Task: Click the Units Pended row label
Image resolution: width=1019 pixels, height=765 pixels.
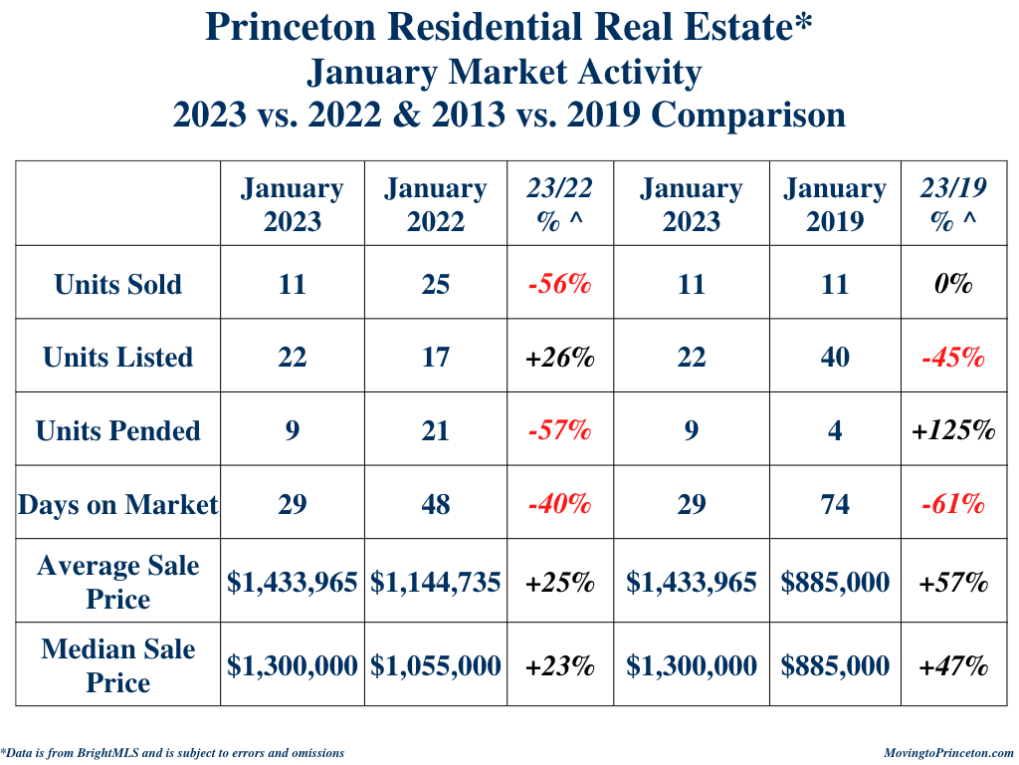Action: point(118,430)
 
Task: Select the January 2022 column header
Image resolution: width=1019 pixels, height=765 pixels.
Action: point(435,204)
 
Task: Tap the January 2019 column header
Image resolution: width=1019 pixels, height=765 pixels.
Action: point(834,204)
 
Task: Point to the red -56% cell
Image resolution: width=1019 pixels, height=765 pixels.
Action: point(559,284)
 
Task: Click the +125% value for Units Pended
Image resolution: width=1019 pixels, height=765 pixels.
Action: point(952,430)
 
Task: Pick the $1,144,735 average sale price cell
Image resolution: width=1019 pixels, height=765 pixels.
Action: point(435,582)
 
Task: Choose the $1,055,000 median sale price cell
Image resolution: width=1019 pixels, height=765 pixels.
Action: point(435,665)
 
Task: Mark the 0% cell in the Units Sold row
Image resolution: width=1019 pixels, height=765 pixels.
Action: point(952,284)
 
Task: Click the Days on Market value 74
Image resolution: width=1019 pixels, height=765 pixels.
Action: point(834,504)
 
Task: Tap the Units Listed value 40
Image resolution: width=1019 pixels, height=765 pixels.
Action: point(834,357)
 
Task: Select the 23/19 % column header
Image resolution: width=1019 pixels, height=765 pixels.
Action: point(952,204)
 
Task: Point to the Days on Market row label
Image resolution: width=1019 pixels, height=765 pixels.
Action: point(118,504)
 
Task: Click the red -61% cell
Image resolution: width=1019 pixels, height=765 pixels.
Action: point(952,504)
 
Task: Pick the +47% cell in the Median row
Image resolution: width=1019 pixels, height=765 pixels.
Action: point(952,665)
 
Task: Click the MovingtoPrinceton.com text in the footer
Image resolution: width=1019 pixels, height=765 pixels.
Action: point(948,753)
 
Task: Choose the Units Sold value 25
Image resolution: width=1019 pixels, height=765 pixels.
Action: point(435,284)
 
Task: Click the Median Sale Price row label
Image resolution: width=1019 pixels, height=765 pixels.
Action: point(118,665)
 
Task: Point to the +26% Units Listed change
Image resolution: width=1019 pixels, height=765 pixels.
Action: point(559,357)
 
